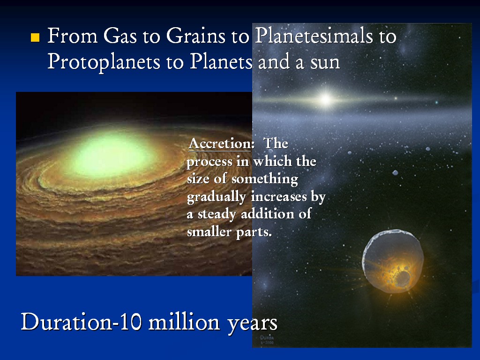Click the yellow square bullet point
pyautogui.click(x=35, y=37)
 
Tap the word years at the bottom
pyautogui.click(x=252, y=323)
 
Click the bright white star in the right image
pyautogui.click(x=325, y=99)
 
